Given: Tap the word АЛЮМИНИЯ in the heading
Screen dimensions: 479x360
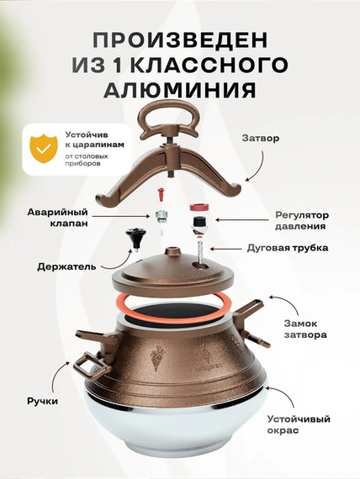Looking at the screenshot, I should click(180, 89).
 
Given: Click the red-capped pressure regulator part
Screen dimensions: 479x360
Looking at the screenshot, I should click(199, 211).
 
